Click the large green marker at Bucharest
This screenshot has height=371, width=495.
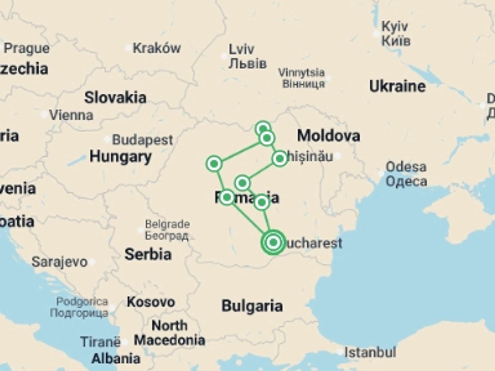point(273,242)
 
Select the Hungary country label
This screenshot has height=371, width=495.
point(120,157)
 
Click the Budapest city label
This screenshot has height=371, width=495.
point(142,140)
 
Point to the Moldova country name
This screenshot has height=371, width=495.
point(328,136)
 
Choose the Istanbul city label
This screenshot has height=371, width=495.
point(370,352)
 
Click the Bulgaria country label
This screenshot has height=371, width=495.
point(252,306)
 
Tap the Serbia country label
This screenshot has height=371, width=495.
point(148,254)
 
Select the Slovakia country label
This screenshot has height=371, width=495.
point(115,98)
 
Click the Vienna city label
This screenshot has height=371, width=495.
point(71,115)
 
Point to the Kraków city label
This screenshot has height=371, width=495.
point(157,48)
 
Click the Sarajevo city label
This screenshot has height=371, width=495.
point(60,262)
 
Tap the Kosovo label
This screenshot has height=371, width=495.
point(151,302)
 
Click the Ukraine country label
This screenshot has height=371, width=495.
point(397,86)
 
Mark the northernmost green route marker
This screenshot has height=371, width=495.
point(263,128)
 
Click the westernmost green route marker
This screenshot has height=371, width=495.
point(214,164)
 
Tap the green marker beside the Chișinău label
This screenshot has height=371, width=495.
point(280,159)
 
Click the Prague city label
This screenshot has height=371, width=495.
point(27,48)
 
